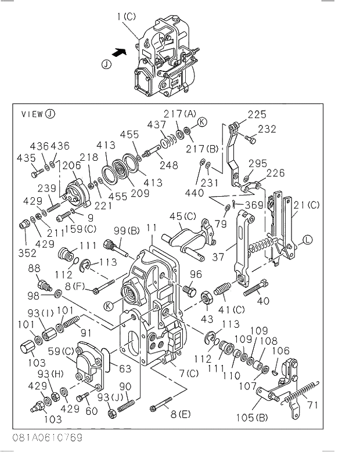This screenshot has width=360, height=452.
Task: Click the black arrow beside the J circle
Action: [x=118, y=52]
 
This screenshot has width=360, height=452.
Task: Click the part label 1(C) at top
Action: [x=126, y=17]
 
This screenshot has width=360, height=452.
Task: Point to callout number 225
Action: [x=257, y=114]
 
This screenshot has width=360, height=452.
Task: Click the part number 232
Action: [x=267, y=129]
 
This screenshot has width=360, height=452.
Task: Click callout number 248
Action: [x=169, y=165]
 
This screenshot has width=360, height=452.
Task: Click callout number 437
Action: [x=156, y=125]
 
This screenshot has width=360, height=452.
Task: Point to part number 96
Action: [x=196, y=274]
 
